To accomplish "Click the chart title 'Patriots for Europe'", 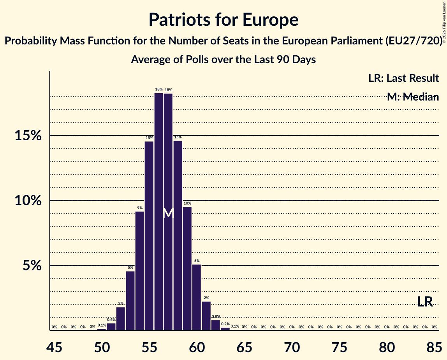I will [x=223, y=19].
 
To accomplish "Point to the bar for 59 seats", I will [x=187, y=268].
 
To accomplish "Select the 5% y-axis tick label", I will [x=31, y=266].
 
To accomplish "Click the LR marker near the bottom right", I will [x=425, y=302].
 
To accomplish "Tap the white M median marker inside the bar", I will [x=168, y=213].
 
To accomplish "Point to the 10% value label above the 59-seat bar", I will [x=187, y=203].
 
